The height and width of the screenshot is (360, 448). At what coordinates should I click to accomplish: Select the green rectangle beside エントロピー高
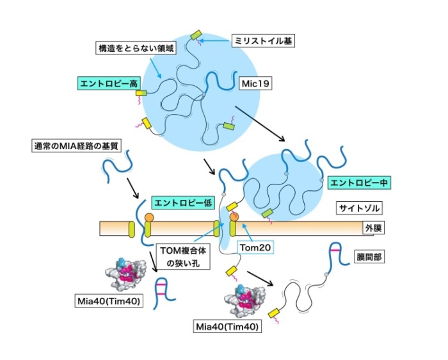coord(140,94)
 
